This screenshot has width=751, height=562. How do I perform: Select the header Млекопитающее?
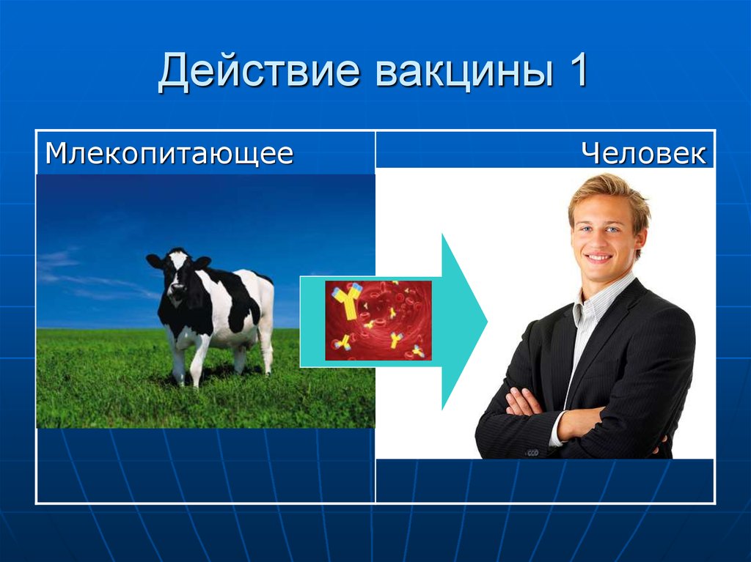coord(169,154)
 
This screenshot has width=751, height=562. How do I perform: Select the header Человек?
coord(644,154)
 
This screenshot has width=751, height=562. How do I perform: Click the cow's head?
coord(177,271)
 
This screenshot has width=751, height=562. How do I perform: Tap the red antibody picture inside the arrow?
coord(378,320)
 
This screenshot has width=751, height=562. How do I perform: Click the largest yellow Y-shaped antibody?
coord(348,300)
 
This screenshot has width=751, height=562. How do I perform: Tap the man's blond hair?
coord(609,192)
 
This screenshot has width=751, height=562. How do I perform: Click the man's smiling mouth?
coord(599,258)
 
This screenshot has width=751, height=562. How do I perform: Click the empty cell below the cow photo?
coord(205,465)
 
